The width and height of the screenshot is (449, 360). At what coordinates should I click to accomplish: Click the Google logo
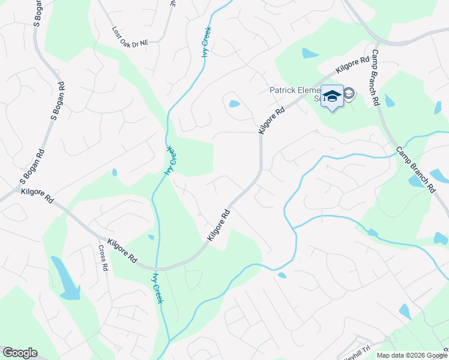click(20, 353)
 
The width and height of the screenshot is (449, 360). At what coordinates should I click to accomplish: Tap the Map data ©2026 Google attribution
click(412, 355)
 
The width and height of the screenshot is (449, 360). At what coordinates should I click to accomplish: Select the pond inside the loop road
click(234, 104)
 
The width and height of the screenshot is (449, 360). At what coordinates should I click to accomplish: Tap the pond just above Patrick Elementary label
click(310, 53)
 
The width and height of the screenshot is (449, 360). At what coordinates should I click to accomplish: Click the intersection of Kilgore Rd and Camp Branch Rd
click(376, 43)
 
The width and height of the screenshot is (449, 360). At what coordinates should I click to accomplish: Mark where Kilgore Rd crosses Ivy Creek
click(157, 268)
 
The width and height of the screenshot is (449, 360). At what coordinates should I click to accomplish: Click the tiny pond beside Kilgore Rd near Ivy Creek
click(151, 237)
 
